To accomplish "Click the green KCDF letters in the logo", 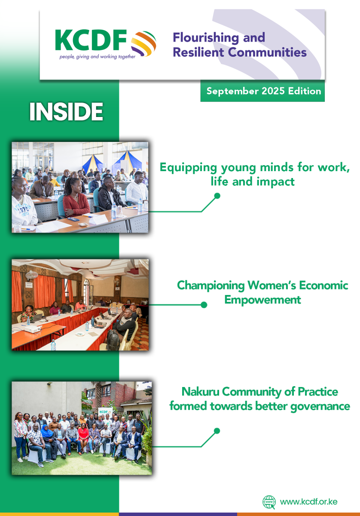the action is click(x=91, y=40).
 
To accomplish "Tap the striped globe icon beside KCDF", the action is click(x=143, y=43).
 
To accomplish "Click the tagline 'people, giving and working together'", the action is click(x=98, y=57).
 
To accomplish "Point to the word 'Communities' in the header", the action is click(x=267, y=52).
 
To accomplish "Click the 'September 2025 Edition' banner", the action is click(x=262, y=91).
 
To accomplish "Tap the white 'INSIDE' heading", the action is click(x=66, y=112).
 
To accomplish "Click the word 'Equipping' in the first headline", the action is click(x=188, y=168).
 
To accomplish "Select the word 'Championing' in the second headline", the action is click(x=211, y=286).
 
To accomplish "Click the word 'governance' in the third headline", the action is click(x=320, y=407).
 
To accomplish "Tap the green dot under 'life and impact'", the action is click(x=217, y=196).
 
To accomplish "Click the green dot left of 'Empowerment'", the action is click(x=204, y=305).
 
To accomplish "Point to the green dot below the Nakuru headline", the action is click(x=217, y=431).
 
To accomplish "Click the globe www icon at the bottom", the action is click(x=269, y=502).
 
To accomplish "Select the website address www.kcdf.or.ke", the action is click(x=309, y=502).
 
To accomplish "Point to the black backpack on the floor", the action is click(x=113, y=339).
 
